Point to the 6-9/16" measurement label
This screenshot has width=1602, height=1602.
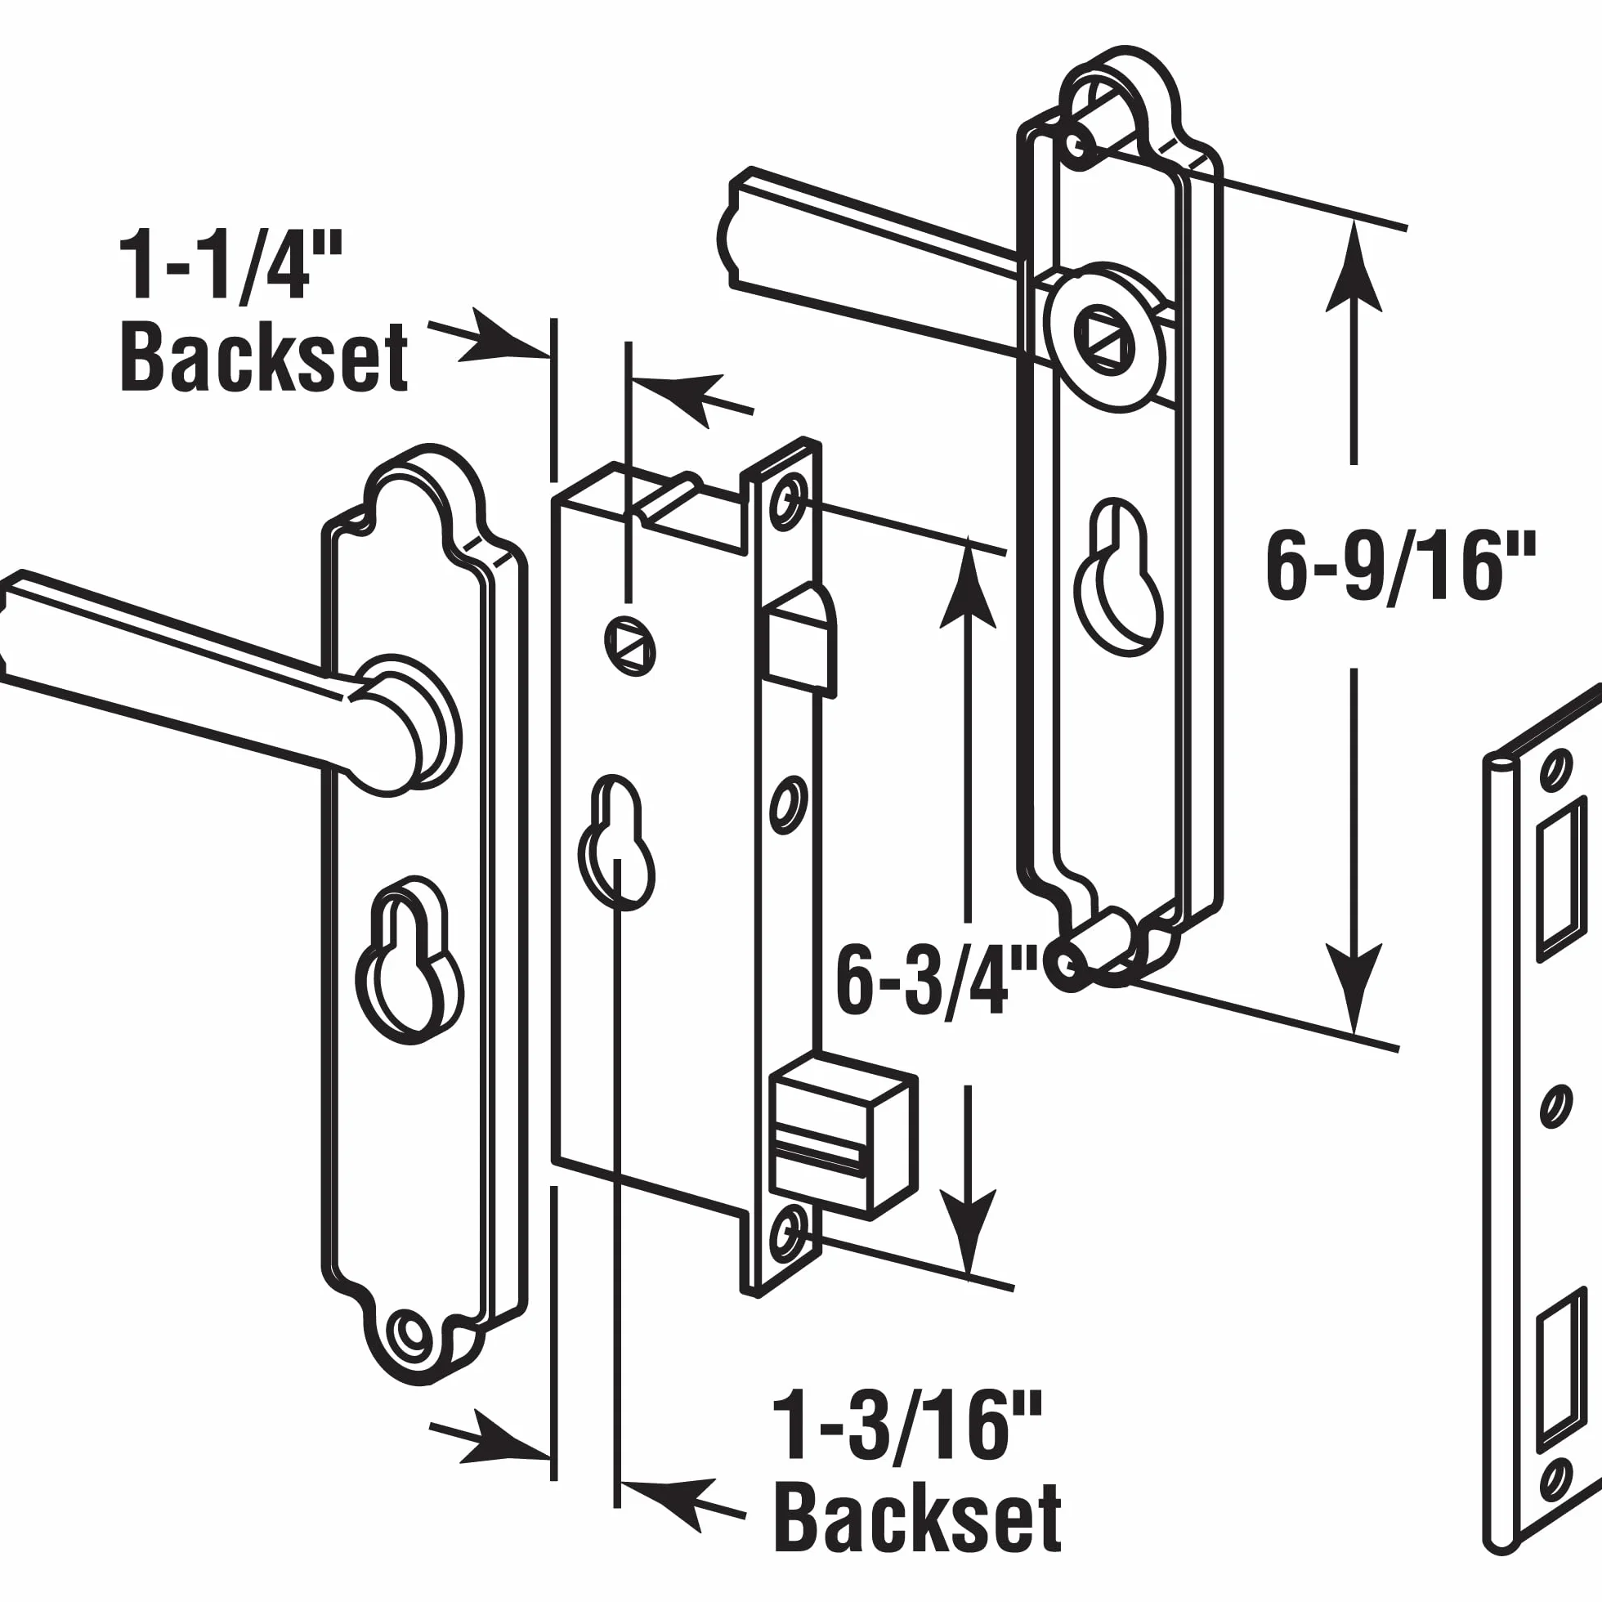[x=1400, y=567]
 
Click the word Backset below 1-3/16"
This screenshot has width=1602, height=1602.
[x=918, y=1519]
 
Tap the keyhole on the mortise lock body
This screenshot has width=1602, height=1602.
[x=616, y=844]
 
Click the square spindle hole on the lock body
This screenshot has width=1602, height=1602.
[x=629, y=646]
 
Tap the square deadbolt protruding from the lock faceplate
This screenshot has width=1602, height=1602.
[x=844, y=1136]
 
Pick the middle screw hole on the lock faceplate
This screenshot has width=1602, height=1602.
[x=790, y=805]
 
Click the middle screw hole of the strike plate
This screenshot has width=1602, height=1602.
[x=1556, y=1106]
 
